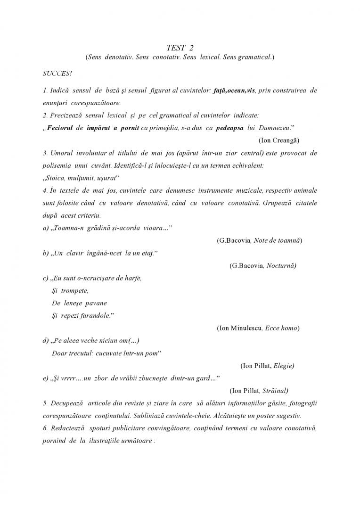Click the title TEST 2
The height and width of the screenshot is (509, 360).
pos(180,48)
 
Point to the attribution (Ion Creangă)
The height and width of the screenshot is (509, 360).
pos(279,140)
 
